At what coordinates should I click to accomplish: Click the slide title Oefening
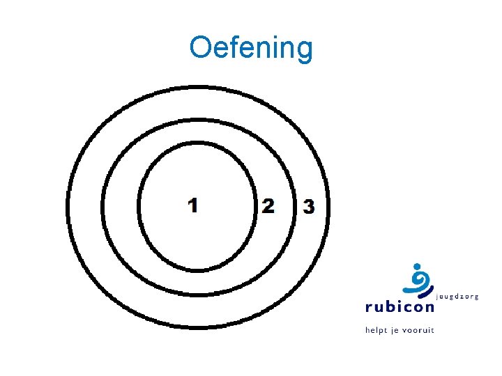(251, 48)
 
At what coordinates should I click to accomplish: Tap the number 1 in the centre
(193, 205)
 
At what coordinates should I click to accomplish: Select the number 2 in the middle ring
(268, 206)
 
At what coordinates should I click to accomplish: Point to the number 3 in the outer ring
(308, 207)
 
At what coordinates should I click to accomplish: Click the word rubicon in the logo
(399, 307)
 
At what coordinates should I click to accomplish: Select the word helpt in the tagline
(377, 329)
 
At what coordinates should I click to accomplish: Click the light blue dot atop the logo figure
(416, 266)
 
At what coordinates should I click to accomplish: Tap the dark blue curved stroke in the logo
(424, 293)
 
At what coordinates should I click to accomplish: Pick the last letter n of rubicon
(427, 308)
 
